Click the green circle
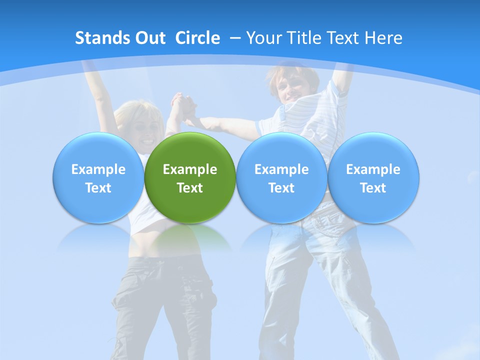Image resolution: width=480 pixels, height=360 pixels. [x=190, y=178]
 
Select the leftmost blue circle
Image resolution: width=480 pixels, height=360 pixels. [x=98, y=178]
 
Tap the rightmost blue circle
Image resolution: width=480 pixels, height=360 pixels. [x=373, y=178]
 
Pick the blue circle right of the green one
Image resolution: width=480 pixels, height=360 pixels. [x=281, y=178]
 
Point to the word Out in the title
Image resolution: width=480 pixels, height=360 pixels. [x=148, y=38]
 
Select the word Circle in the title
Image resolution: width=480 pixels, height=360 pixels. [x=197, y=38]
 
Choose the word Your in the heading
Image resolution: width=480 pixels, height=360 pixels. [x=263, y=38]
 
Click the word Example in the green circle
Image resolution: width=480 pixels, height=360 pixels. [x=190, y=169]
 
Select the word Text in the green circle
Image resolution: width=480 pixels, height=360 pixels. [x=190, y=188]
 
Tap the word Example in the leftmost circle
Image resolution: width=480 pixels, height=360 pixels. [x=98, y=169]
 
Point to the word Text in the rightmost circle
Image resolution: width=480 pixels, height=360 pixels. [x=373, y=188]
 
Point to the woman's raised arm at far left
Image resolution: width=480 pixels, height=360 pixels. [x=94, y=85]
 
